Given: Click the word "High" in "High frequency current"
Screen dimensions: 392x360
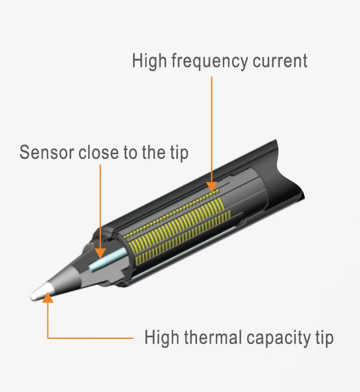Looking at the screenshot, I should [x=149, y=61].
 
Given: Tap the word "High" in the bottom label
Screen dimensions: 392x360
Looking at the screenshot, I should [x=161, y=338].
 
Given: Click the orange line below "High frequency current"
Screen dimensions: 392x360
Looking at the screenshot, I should [x=211, y=129].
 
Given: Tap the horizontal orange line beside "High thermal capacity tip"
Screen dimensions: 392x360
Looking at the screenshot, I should [x=90, y=338].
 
